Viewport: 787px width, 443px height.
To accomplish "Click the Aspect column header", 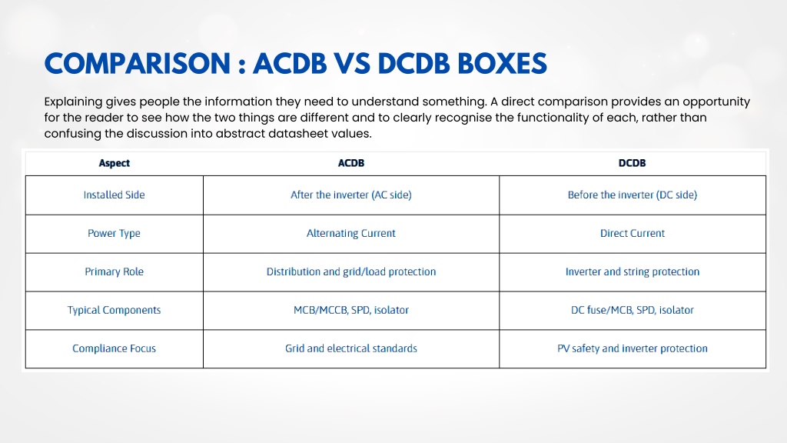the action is click(x=114, y=163).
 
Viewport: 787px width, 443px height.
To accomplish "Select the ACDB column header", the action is click(x=350, y=163).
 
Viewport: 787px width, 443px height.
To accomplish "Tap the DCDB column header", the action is click(x=632, y=163).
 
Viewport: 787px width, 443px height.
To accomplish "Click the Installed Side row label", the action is click(x=114, y=195).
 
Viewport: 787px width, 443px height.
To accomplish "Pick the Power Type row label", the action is click(x=114, y=234).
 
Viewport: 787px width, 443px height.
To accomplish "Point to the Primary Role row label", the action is click(x=114, y=271).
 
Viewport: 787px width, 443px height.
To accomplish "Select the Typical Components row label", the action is click(x=114, y=311).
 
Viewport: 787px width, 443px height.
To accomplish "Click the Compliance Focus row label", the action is click(x=114, y=348).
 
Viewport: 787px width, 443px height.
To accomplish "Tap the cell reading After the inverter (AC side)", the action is click(x=350, y=195).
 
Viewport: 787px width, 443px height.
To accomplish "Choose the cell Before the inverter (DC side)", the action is click(x=632, y=195).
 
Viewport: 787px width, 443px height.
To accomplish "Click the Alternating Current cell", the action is click(x=350, y=234).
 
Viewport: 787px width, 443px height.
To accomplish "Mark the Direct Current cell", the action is click(x=632, y=233).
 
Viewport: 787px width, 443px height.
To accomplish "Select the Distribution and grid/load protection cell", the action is click(x=350, y=271).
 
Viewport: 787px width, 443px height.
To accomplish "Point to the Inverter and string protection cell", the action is click(x=632, y=271).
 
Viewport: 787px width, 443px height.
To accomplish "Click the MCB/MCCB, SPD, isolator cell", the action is click(x=350, y=311).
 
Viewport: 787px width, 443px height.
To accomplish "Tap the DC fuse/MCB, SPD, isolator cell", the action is click(x=632, y=311).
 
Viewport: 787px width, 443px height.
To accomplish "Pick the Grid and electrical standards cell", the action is click(x=350, y=348).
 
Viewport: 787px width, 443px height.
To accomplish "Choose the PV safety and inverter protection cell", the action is click(x=632, y=348).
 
